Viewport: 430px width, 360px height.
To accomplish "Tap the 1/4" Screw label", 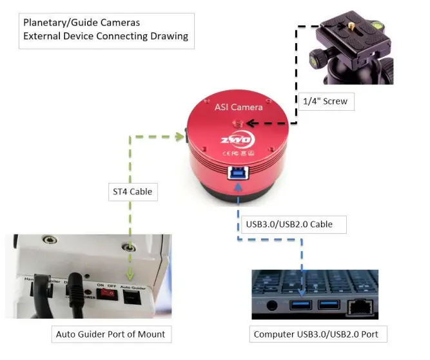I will (x=327, y=101).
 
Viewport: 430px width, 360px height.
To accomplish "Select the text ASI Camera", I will (x=239, y=108).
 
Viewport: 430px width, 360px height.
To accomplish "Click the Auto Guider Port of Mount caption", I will (x=110, y=334).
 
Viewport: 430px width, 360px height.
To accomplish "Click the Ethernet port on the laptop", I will (x=359, y=307).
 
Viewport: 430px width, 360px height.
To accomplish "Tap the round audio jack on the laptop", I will (x=271, y=305).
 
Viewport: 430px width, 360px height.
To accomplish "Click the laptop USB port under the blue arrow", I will (x=301, y=305).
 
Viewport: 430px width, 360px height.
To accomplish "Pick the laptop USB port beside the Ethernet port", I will (x=329, y=305).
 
